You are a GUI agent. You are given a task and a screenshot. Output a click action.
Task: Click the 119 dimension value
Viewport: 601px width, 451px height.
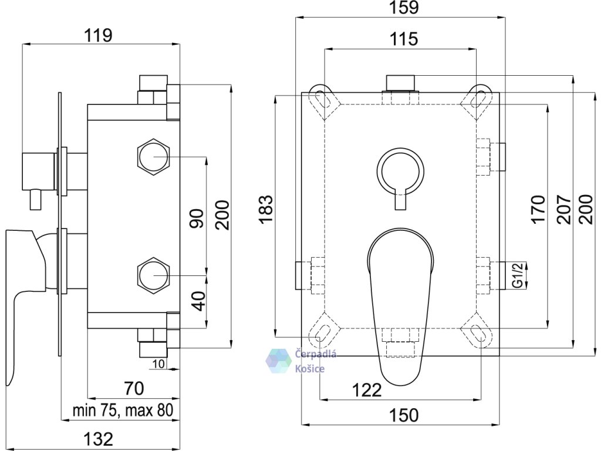(x=98, y=36)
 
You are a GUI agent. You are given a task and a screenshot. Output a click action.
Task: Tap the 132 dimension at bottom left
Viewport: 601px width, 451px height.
(x=99, y=439)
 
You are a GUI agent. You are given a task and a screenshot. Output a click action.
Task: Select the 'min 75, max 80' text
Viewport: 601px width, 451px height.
(x=123, y=410)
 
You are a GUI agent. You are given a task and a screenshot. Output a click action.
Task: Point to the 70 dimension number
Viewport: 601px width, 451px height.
(x=134, y=388)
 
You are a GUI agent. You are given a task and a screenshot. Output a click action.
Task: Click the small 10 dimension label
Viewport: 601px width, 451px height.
(x=158, y=364)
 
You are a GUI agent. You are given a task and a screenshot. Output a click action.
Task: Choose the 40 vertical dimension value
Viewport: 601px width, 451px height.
(x=198, y=301)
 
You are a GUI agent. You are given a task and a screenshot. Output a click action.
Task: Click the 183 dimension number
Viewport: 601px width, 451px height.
(x=266, y=209)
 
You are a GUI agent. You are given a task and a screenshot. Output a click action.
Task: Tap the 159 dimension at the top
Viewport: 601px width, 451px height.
(x=404, y=7)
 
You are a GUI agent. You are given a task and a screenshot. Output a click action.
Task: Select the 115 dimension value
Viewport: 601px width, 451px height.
(x=404, y=39)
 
